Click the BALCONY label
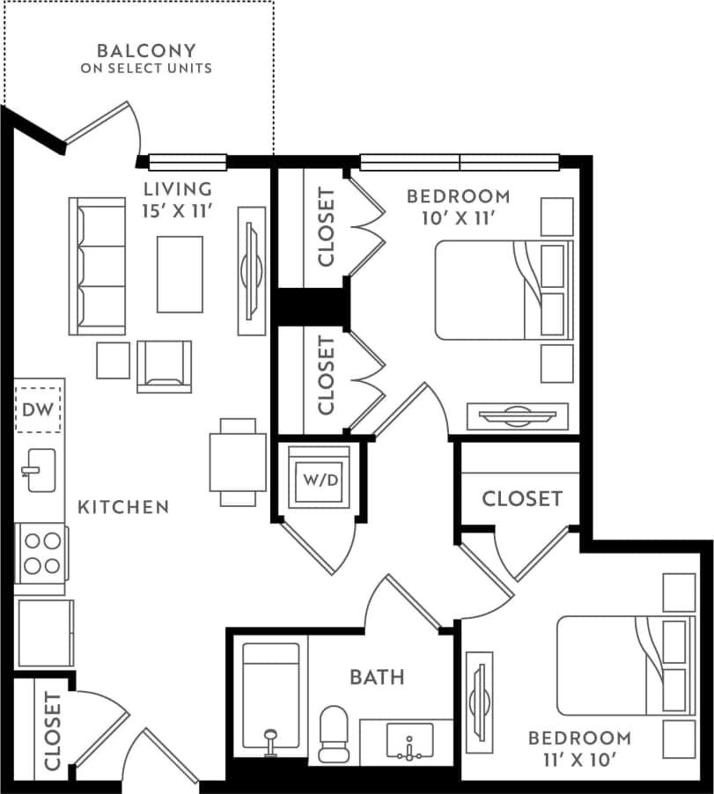pos(146,50)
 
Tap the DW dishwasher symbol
pos(38,409)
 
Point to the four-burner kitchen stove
pos(40,553)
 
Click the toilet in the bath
pos(335,733)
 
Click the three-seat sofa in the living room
pos(97,266)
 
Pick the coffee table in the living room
pos(180,274)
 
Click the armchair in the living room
pos(164,366)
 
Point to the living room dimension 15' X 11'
pos(178,210)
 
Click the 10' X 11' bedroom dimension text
pos(458,217)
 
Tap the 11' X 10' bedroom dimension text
pos(579,760)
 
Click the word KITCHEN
pos(123,507)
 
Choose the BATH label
pos(378,677)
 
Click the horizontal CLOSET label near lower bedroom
pos(521,499)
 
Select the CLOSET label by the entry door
pos(52,731)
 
